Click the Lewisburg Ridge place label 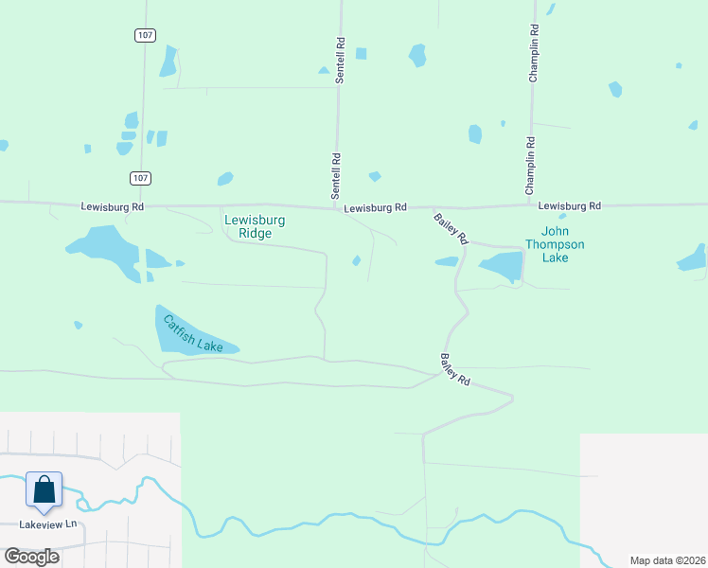click(255, 226)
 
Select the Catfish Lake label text click(193, 333)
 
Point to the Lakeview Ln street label click(47, 524)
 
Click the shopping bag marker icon click(44, 489)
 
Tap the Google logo click(31, 556)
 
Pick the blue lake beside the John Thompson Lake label click(502, 265)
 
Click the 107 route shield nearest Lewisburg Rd click(139, 178)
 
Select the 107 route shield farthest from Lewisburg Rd click(144, 34)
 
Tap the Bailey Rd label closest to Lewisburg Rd click(451, 229)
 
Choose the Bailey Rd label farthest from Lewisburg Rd click(454, 369)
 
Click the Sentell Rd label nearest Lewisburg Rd click(335, 176)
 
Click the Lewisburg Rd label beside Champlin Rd click(569, 205)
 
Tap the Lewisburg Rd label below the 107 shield click(112, 206)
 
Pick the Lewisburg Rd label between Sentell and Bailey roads click(375, 207)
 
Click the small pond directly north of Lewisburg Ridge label click(225, 179)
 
